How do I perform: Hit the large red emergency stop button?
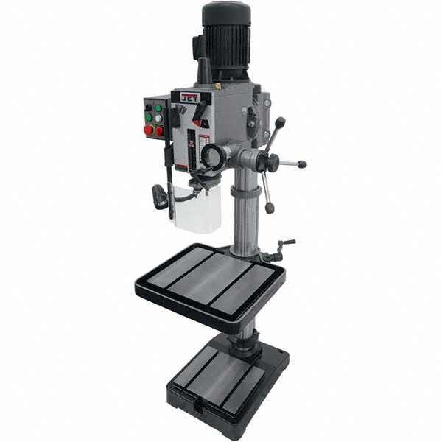pos(149,130)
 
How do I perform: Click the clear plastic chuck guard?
pos(197,208)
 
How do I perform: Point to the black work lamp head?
pos(160,196)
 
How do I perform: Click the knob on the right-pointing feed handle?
pos(302,164)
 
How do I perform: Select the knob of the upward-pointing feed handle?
pos(280,121)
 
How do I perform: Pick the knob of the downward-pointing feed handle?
pos(270,208)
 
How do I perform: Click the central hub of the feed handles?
pos(267,161)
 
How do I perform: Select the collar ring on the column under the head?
pos(246,192)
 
